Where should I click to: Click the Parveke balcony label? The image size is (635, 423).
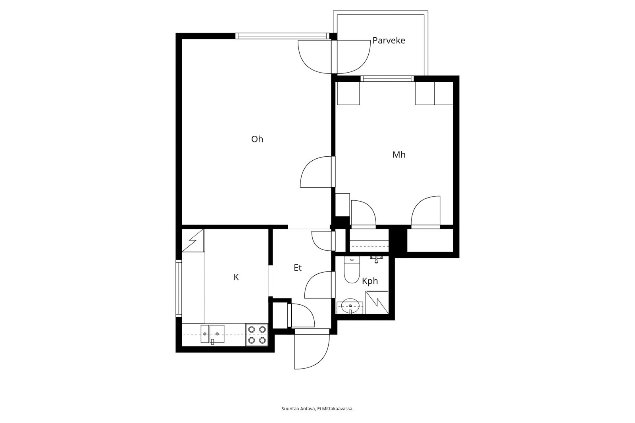[x=389, y=40]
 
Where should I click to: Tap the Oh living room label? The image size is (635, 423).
[x=257, y=139]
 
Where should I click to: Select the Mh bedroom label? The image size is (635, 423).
[x=399, y=155]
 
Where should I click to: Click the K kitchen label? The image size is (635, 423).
[x=236, y=277]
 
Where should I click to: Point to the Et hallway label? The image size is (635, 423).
[x=298, y=268]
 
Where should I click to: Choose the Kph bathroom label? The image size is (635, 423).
[x=369, y=281]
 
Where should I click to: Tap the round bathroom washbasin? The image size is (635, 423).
[x=350, y=306]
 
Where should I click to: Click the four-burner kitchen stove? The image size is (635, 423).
[x=257, y=335]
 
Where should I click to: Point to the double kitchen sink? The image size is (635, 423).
[x=212, y=334]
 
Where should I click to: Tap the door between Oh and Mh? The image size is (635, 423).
[x=316, y=172]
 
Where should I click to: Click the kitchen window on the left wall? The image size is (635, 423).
[x=179, y=288]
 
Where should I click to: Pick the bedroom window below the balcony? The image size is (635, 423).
[x=387, y=79]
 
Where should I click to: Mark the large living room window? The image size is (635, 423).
[x=283, y=36]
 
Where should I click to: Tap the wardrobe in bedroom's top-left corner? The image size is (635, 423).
[x=348, y=93]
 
